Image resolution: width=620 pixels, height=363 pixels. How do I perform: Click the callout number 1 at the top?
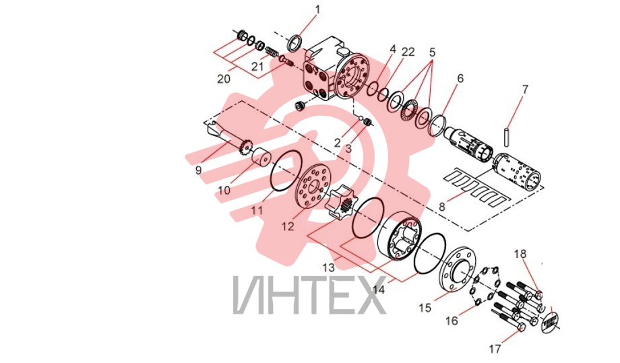(318, 9)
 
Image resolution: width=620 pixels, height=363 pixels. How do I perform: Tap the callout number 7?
(525, 90)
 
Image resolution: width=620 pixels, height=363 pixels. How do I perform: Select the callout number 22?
(408, 52)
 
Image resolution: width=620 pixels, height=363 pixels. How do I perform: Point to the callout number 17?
(495, 349)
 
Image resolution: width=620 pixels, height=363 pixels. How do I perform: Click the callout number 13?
(328, 267)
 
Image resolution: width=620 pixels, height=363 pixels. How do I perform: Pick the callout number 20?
(224, 79)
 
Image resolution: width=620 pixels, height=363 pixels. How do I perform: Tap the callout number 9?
(199, 170)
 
